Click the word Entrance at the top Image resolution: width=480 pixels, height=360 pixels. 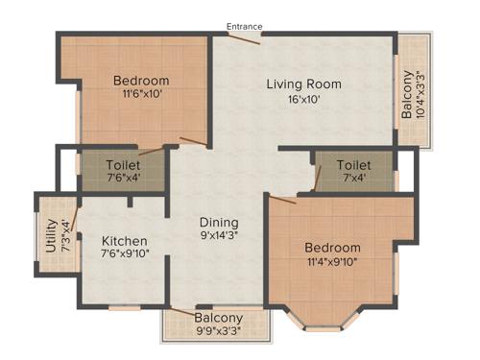pyautogui.click(x=244, y=26)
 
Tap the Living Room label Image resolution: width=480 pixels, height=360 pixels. pyautogui.click(x=304, y=84)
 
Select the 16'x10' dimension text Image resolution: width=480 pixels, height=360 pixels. pyautogui.click(x=304, y=99)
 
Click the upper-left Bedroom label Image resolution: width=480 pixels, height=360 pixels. pyautogui.click(x=141, y=81)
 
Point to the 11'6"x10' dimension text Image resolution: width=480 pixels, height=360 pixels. pyautogui.click(x=141, y=95)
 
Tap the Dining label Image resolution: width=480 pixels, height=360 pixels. pyautogui.click(x=219, y=221)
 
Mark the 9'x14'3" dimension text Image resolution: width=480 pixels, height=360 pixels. pyautogui.click(x=219, y=235)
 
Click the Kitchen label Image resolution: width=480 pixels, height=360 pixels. pyautogui.click(x=125, y=241)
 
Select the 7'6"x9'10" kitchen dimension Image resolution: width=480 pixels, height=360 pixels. pyautogui.click(x=125, y=254)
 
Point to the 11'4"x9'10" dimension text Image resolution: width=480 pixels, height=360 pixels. pyautogui.click(x=334, y=262)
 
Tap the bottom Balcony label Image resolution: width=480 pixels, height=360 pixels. pyautogui.click(x=219, y=318)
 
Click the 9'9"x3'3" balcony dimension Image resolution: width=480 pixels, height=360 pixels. pyautogui.click(x=219, y=332)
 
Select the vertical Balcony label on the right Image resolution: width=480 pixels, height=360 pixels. pyautogui.click(x=407, y=93)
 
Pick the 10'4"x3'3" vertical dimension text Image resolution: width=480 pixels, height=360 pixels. pyautogui.click(x=420, y=93)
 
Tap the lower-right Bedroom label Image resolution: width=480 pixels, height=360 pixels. pyautogui.click(x=334, y=248)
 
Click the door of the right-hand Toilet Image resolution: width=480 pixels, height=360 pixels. pyautogui.click(x=317, y=177)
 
